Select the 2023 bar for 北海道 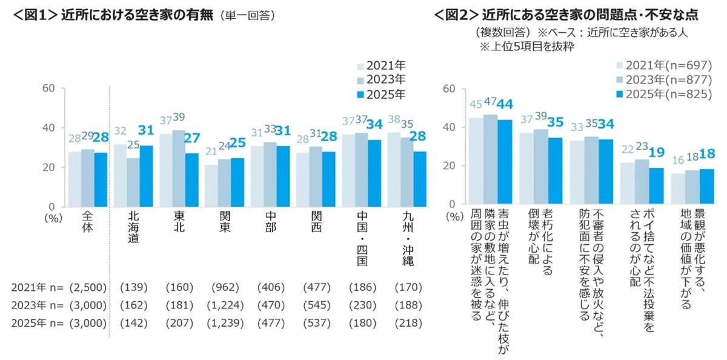pos(134,182)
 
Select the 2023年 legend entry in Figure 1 pos(381,79)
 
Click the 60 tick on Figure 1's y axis pos(48,88)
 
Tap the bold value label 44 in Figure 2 pos(506,105)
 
